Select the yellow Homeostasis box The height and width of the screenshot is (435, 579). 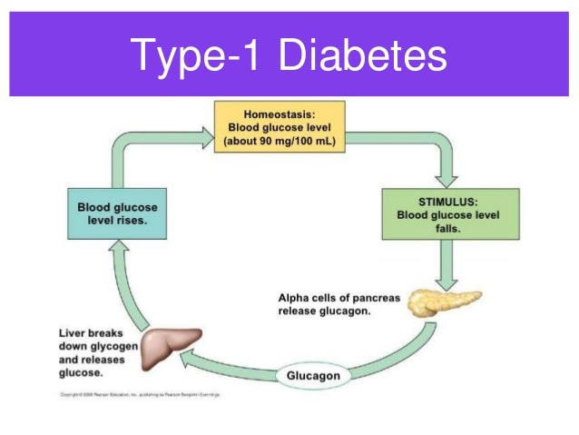coord(279,128)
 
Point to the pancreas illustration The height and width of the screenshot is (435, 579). coord(441,302)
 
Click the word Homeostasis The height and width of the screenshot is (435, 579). coord(279,114)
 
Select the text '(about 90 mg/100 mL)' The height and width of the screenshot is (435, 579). coord(279,142)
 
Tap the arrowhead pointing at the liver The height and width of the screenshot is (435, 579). coord(189,361)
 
